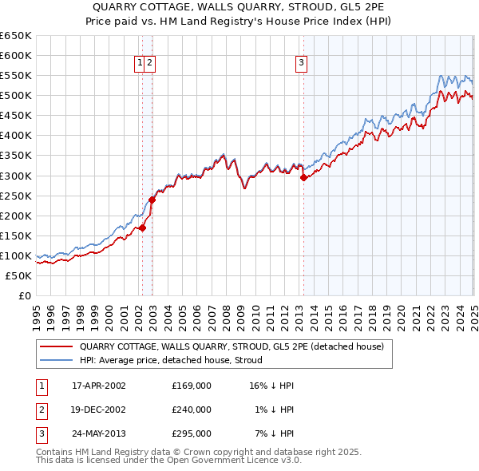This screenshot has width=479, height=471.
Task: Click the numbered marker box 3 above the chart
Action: tap(302, 64)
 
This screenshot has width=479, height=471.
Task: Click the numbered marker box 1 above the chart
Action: tap(140, 64)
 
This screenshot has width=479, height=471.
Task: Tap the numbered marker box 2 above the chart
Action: tap(150, 64)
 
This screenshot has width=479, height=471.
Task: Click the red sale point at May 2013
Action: tap(303, 178)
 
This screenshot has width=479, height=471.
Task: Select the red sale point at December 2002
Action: tap(152, 200)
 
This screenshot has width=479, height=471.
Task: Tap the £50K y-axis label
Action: tap(18, 275)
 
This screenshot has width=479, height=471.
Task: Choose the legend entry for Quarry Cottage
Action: tap(232, 346)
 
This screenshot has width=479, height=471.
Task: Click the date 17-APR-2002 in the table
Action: tap(99, 385)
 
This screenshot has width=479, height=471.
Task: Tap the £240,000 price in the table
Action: tap(191, 410)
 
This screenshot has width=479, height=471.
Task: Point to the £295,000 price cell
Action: tap(191, 434)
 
